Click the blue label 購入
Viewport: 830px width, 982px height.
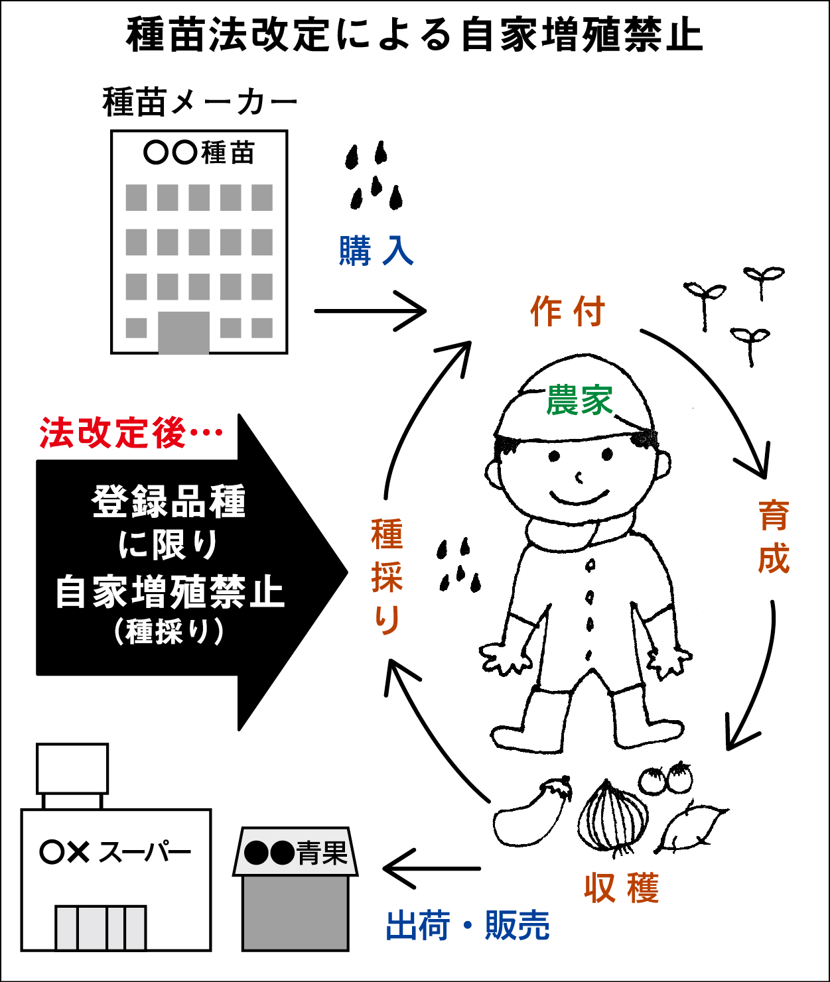coord(376,251)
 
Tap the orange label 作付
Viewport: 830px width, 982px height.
coord(567,311)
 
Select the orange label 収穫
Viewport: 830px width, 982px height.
coord(622,888)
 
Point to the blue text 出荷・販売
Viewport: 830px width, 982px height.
coord(468,924)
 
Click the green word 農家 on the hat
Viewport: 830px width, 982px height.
coord(580,400)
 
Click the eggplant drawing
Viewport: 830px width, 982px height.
coord(532,814)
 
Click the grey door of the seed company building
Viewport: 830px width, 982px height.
coord(184,332)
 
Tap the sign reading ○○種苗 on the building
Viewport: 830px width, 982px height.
coord(199,153)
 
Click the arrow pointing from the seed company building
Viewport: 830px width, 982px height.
coord(370,311)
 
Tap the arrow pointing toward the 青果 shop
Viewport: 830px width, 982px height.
coord(432,868)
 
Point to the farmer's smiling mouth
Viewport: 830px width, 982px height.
coord(580,497)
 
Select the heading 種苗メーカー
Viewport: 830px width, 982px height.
coord(200,101)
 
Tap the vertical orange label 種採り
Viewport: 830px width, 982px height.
coord(387,576)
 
